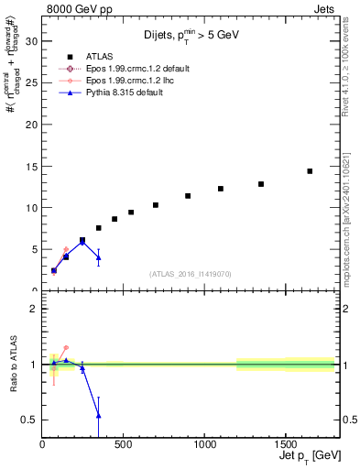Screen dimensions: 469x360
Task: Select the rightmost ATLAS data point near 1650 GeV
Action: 310,171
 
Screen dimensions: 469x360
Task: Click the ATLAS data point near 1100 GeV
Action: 221,189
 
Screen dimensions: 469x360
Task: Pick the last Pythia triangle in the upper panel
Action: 98,257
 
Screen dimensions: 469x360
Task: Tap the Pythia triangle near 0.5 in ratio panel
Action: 98,416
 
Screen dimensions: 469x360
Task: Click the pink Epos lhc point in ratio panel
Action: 66,348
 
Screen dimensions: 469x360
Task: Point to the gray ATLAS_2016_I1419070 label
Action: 191,274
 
